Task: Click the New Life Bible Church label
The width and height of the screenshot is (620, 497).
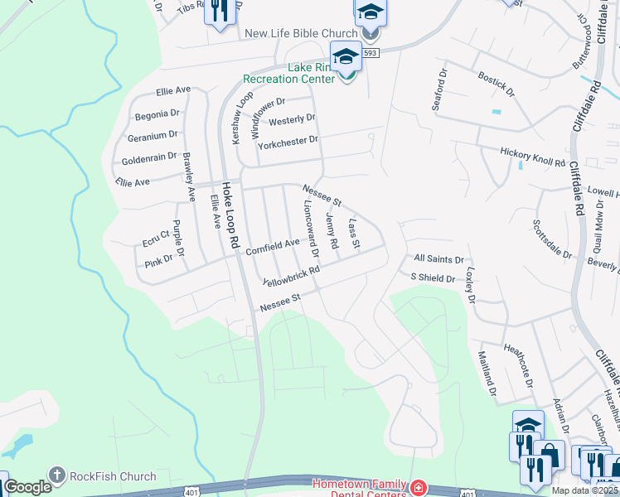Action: [x=299, y=34]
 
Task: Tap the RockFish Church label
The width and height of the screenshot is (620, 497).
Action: [x=113, y=476]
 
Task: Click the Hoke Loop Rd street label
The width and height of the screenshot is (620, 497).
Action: [x=232, y=217]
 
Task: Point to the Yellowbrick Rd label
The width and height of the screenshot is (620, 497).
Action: [x=291, y=277]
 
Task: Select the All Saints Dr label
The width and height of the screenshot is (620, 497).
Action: [x=438, y=260]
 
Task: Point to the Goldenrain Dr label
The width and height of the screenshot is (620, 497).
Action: [x=149, y=157]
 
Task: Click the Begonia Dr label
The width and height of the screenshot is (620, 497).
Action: [x=153, y=113]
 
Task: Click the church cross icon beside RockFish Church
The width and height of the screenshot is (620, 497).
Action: [x=57, y=476]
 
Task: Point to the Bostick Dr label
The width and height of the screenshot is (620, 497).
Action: [x=496, y=82]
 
